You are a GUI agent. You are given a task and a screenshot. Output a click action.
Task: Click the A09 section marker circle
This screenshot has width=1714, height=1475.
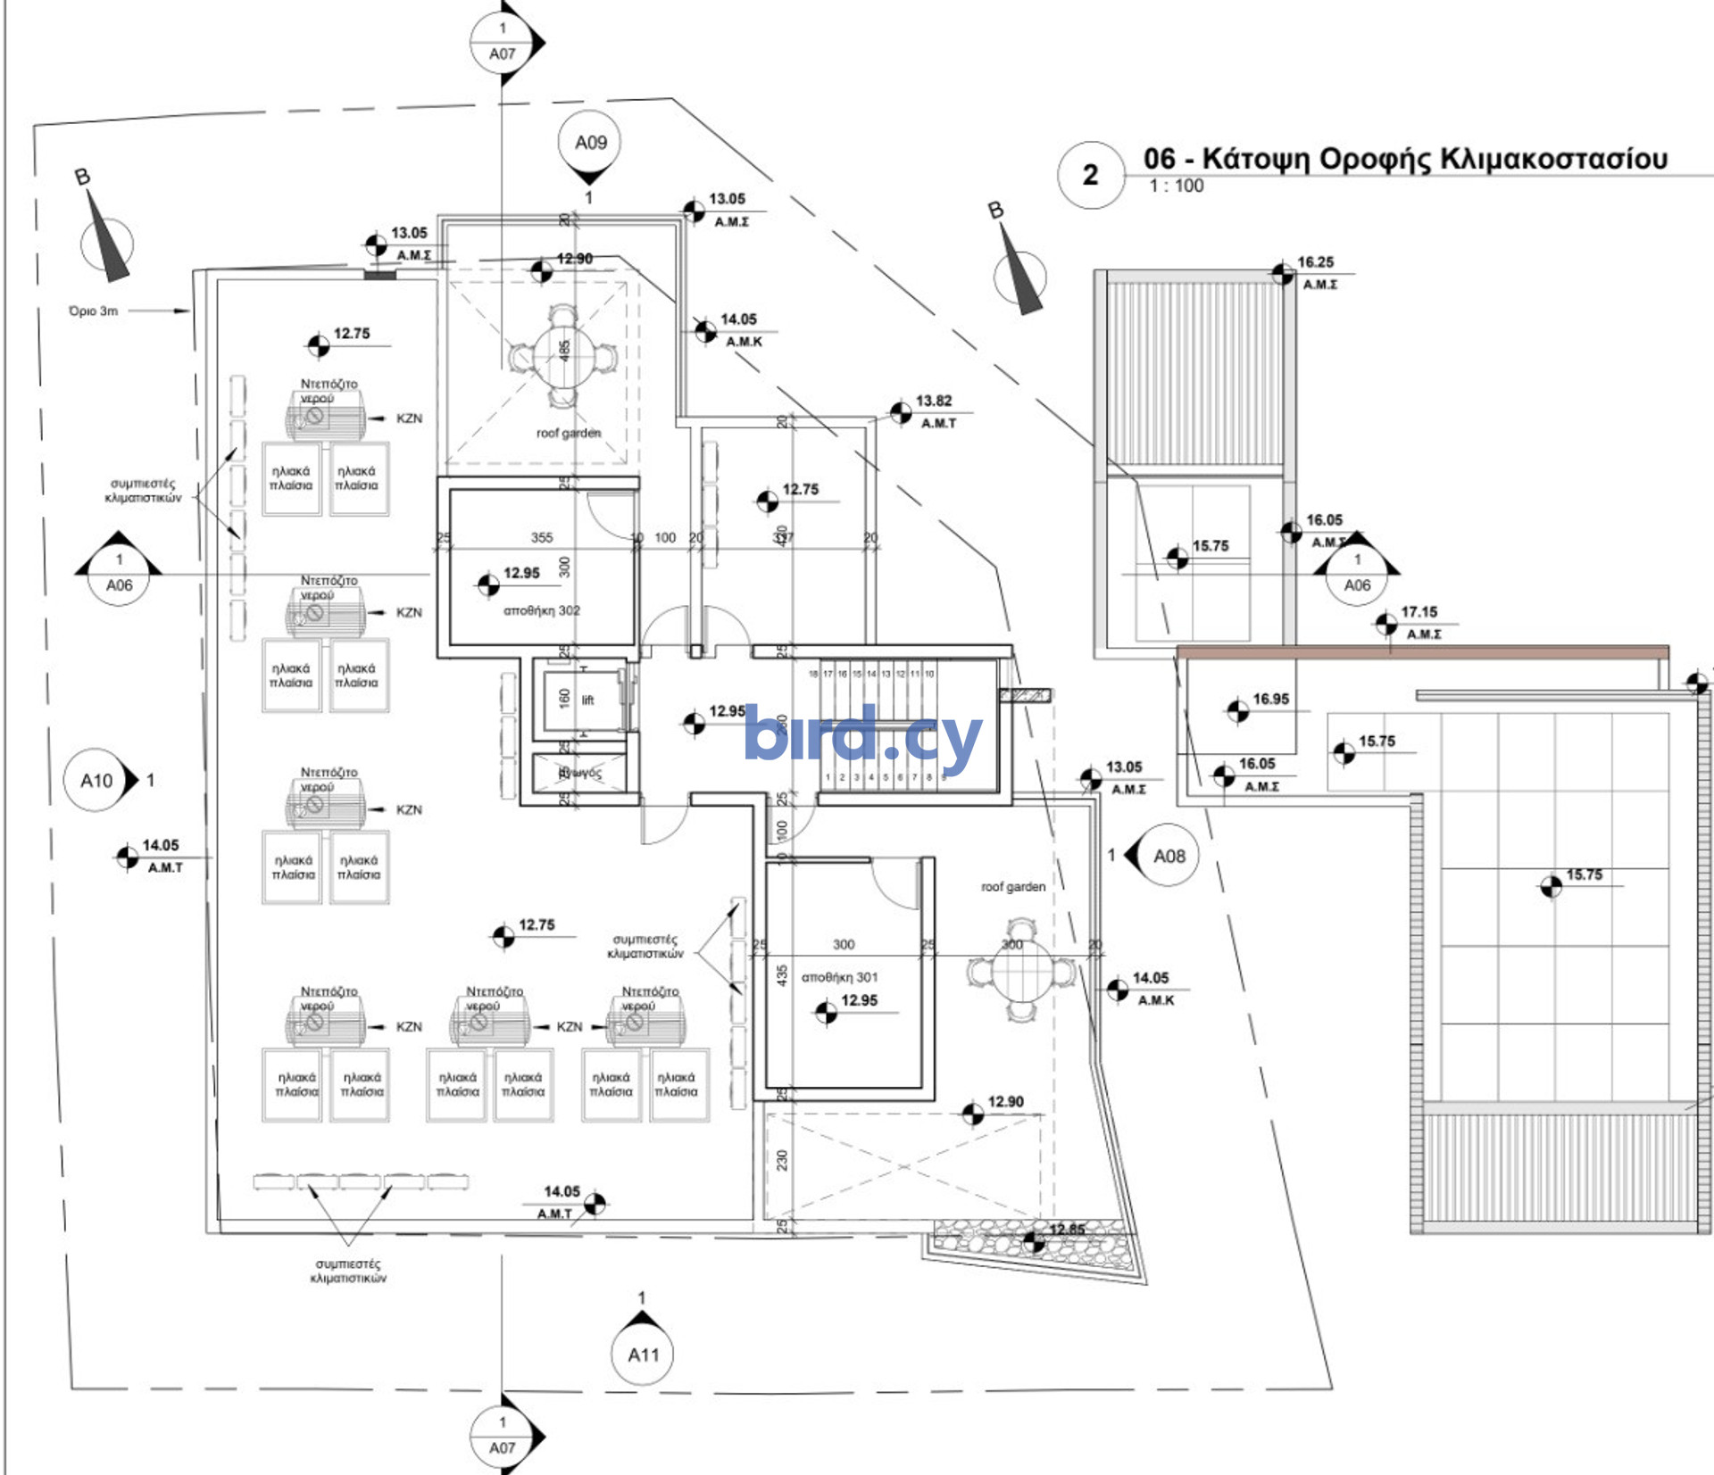(x=590, y=143)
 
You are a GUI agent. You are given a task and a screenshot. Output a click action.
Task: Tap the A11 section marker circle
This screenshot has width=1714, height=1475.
(x=643, y=1355)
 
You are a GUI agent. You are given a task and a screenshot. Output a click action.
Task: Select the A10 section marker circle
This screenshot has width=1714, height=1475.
(x=96, y=781)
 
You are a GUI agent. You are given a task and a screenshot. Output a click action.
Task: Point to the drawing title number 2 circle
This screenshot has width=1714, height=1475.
(x=1090, y=175)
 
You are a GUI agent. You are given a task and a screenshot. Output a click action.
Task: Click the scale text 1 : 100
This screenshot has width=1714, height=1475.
(x=1177, y=186)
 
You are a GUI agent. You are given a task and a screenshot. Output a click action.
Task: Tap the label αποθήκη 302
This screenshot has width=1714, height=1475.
(x=542, y=610)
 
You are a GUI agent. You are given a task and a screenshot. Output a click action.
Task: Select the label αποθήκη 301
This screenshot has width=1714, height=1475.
(x=839, y=977)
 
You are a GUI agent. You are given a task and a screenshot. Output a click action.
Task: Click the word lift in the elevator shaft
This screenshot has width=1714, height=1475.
(x=587, y=700)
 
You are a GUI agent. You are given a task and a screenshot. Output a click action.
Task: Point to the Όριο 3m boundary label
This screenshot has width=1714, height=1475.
(x=94, y=311)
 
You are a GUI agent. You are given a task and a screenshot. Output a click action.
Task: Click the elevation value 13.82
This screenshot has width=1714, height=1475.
(x=934, y=401)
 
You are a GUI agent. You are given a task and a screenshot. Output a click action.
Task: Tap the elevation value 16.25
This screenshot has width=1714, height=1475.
(x=1315, y=262)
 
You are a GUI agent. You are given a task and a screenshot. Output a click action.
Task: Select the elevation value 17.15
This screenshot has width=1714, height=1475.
(x=1419, y=612)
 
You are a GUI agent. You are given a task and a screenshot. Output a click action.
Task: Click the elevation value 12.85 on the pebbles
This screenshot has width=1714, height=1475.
(x=1067, y=1230)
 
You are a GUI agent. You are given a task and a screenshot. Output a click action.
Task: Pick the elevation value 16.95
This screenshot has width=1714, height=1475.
(x=1270, y=699)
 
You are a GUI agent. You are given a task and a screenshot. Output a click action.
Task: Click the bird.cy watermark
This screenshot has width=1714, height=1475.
(x=862, y=736)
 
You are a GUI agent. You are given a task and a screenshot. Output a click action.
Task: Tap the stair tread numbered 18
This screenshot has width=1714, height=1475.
(x=813, y=674)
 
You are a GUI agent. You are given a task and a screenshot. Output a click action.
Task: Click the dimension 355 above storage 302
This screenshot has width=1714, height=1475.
(x=542, y=537)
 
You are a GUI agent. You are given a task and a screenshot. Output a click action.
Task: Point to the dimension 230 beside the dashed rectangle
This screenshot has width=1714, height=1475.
(x=782, y=1160)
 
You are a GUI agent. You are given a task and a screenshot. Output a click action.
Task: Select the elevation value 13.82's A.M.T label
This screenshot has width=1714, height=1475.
(x=938, y=423)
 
